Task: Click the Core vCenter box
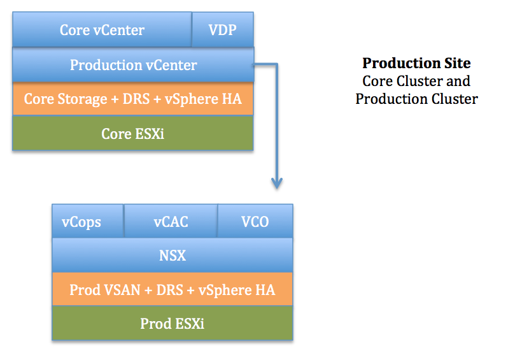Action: pyautogui.click(x=102, y=30)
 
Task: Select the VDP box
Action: pyautogui.click(x=222, y=30)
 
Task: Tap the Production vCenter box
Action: pyautogui.click(x=133, y=65)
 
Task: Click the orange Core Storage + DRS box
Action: pyautogui.click(x=133, y=99)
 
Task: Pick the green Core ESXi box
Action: pyautogui.click(x=133, y=134)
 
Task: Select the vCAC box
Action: pyautogui.click(x=171, y=222)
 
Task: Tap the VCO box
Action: pyautogui.click(x=255, y=222)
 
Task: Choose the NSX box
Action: pyautogui.click(x=172, y=256)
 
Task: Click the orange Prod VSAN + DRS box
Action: pyautogui.click(x=172, y=290)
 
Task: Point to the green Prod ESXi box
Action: pyautogui.click(x=172, y=324)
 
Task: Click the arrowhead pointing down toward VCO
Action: pyautogui.click(x=276, y=183)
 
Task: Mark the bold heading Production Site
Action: pyautogui.click(x=416, y=64)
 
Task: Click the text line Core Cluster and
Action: pyautogui.click(x=416, y=82)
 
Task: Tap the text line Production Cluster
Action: pyautogui.click(x=416, y=99)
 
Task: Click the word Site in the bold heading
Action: pyautogui.click(x=458, y=64)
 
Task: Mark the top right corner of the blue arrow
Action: pyautogui.click(x=276, y=64)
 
